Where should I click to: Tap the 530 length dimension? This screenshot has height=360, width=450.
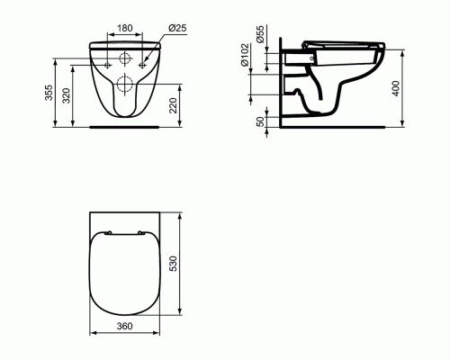pos(184,263)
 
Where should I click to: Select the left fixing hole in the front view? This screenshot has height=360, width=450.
pos(109,65)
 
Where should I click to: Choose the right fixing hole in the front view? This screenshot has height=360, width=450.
pos(141,65)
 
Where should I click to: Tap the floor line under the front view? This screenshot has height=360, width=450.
pos(125,127)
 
